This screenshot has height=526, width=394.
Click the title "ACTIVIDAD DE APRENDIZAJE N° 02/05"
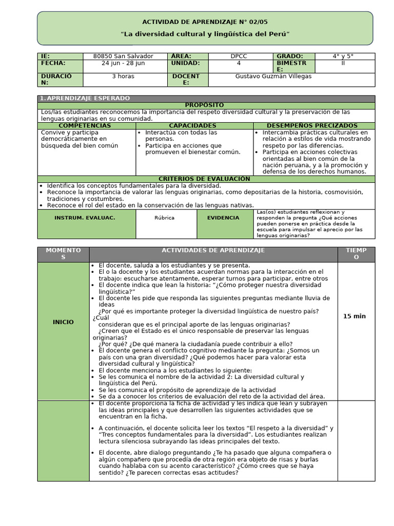point(205,22)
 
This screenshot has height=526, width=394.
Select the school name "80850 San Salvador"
point(123,56)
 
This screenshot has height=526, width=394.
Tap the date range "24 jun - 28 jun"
point(123,63)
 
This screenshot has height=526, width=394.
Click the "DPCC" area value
point(239,56)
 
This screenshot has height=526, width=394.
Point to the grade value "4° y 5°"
point(344,56)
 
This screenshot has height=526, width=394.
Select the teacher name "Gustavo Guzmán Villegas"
point(273,77)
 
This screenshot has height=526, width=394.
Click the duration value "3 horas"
point(123,77)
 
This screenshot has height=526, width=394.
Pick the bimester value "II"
point(344,63)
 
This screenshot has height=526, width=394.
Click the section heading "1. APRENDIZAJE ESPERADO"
point(85,98)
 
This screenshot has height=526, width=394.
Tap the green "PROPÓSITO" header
point(204,105)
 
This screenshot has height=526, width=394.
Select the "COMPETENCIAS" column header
point(85,125)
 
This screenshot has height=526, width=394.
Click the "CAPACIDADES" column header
point(192,125)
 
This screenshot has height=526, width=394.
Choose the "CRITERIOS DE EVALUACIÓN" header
point(204,179)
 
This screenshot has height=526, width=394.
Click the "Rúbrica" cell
point(164,218)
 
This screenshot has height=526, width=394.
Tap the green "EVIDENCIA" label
point(223,218)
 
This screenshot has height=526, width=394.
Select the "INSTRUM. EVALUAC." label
point(85,218)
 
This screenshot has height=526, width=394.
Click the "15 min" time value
point(354,316)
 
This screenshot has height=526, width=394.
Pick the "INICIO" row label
point(63,322)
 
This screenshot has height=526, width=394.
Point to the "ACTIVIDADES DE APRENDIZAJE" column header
point(213,250)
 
